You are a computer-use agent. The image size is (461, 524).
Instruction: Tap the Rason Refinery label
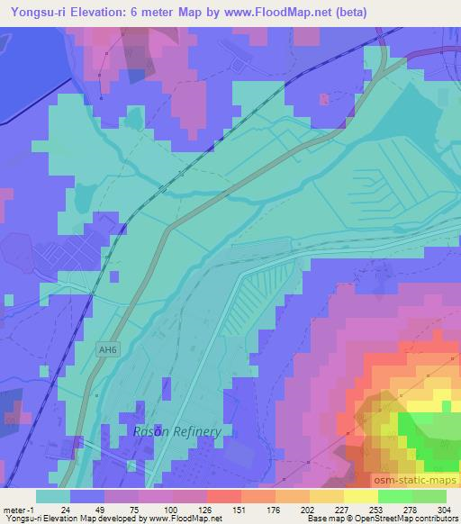click(176, 431)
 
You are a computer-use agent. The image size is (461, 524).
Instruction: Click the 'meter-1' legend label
click(20, 509)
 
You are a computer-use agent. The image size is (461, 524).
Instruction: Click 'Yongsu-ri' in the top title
click(35, 10)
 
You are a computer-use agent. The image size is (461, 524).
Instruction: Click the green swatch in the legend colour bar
click(395, 496)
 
